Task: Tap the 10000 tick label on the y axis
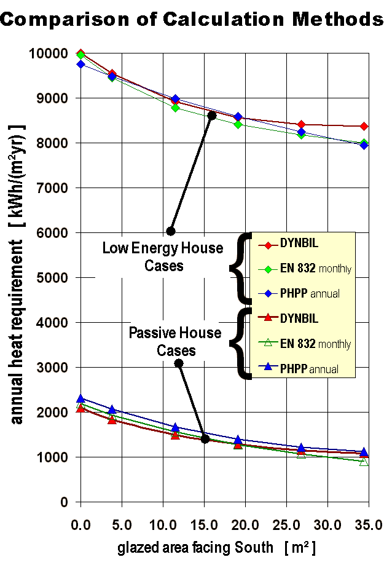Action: tap(49, 53)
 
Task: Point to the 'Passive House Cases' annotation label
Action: tap(175, 342)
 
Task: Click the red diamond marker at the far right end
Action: tap(364, 126)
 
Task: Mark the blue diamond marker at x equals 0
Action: tap(80, 64)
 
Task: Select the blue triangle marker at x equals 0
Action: tap(80, 399)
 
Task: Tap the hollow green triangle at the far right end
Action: tap(364, 461)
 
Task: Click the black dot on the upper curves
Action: tap(212, 116)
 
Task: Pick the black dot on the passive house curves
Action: tap(205, 439)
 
